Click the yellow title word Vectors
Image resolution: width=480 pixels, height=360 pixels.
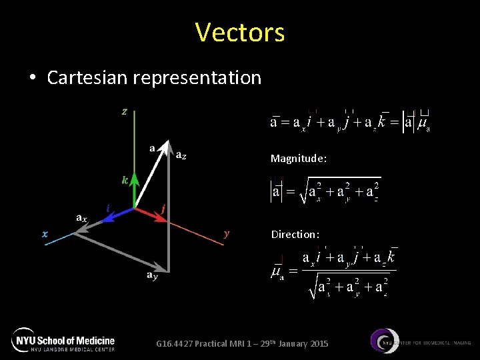point(240,32)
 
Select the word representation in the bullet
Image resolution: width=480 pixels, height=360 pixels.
point(197,78)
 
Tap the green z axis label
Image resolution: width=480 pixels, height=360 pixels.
point(125,111)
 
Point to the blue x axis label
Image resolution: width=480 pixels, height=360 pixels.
point(45,233)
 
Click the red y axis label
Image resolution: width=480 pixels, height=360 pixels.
point(227,233)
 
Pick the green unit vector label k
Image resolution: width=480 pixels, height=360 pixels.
point(125,180)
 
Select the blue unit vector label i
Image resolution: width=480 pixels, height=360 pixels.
point(108,208)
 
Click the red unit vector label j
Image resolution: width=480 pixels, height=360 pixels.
point(163,208)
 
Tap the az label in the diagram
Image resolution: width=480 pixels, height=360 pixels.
point(181,155)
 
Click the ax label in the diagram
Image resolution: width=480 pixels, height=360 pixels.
point(80,217)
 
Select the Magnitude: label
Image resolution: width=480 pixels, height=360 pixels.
point(299,159)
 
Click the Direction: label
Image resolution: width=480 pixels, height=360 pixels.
point(295,235)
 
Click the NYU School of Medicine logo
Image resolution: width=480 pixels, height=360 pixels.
point(64,339)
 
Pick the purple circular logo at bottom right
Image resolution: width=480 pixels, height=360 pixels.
point(385,341)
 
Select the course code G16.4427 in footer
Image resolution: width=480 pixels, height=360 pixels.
point(174,343)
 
